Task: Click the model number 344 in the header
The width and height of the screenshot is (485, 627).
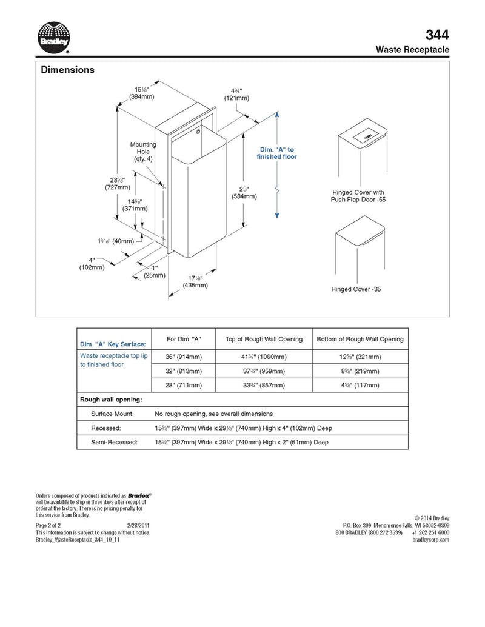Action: click(438, 34)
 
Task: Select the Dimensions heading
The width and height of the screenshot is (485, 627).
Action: click(67, 70)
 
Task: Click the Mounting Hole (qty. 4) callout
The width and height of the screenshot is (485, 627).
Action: click(143, 152)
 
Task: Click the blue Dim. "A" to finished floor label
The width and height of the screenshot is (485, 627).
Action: click(278, 153)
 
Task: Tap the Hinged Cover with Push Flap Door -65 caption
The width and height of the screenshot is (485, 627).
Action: click(358, 196)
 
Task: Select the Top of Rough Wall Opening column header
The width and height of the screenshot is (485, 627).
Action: click(264, 339)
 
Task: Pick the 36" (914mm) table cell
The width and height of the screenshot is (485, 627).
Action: click(184, 356)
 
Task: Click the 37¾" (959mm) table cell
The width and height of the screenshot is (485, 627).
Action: click(264, 370)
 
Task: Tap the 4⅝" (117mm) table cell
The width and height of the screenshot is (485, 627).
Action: click(360, 385)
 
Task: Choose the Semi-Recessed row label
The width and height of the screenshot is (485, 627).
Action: click(115, 443)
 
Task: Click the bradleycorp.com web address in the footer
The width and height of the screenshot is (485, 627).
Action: click(430, 540)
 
